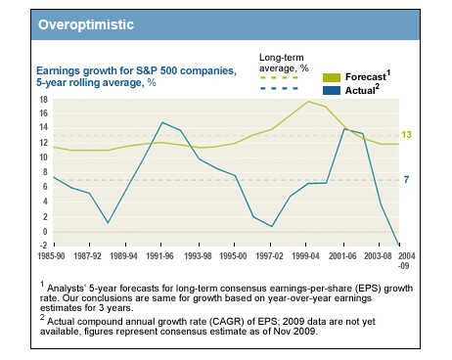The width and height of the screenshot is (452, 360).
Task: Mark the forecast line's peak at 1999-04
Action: point(308,102)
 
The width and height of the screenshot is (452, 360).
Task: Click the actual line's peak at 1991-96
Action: point(161,123)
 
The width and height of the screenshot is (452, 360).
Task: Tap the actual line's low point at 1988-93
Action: point(109,223)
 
